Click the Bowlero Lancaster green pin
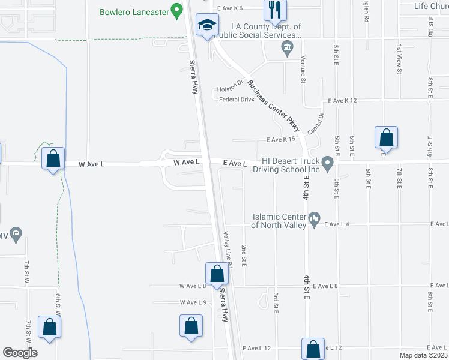(x=176, y=10)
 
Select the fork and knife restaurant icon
(x=275, y=9)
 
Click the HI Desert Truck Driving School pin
(x=327, y=163)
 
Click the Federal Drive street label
(x=237, y=100)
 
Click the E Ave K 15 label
(x=282, y=140)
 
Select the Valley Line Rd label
(x=228, y=247)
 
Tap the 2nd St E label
(x=244, y=256)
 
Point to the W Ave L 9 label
(x=193, y=302)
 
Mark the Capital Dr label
(x=315, y=124)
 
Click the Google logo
(x=20, y=352)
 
